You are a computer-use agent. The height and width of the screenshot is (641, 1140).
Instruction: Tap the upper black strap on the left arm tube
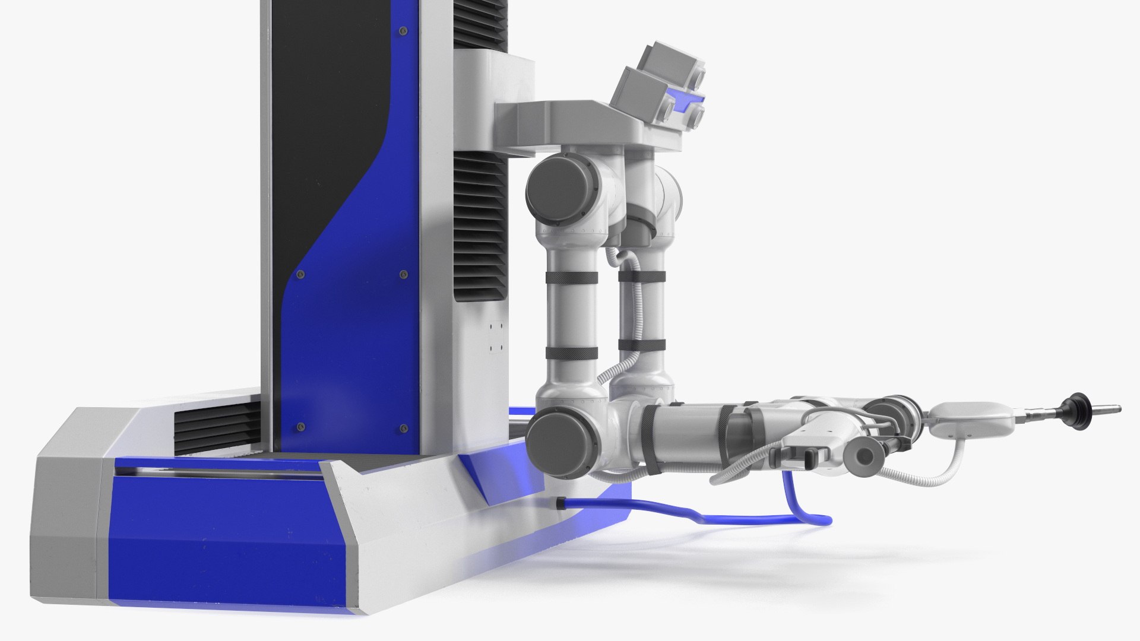coord(571,278)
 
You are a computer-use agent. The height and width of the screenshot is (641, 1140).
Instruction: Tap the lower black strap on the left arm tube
coord(572,353)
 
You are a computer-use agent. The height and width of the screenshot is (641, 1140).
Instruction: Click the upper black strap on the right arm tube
coord(642,277)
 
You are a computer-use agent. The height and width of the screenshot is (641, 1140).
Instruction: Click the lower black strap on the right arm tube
coord(641,344)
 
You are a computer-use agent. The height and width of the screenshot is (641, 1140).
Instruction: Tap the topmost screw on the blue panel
coord(404,30)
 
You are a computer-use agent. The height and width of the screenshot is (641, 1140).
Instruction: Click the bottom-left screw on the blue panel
coord(300,426)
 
